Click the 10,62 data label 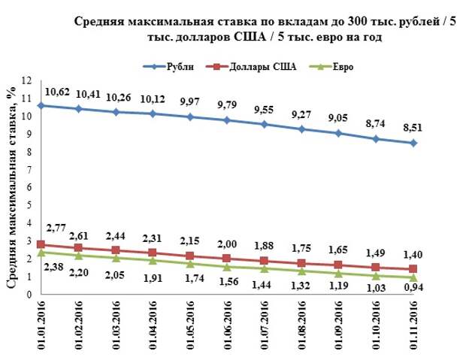[58, 92]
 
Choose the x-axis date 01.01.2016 [42, 325]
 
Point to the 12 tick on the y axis [26, 80]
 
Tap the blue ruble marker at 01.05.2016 [191, 117]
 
